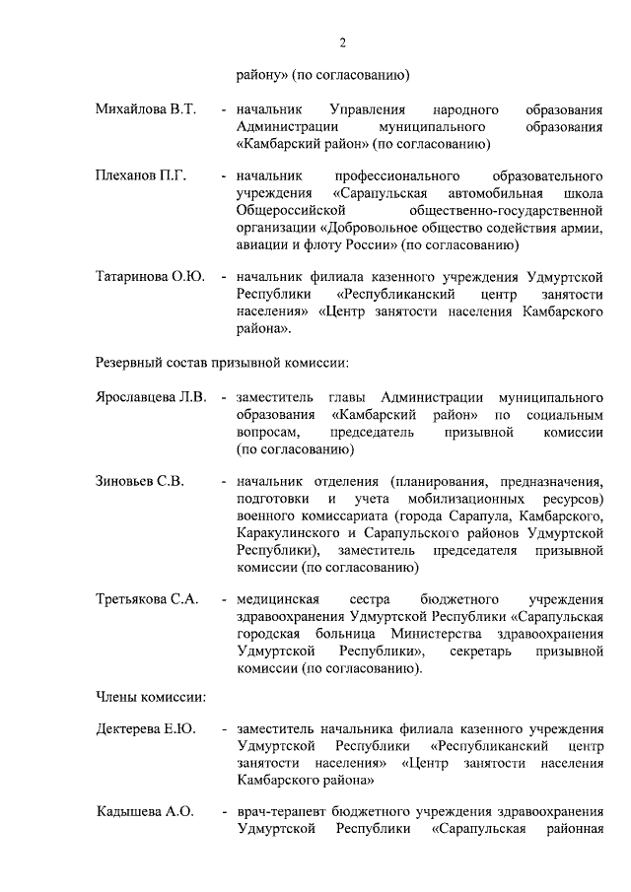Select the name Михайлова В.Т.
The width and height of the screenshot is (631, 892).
pos(145,108)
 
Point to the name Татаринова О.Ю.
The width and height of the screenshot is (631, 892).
pos(150,276)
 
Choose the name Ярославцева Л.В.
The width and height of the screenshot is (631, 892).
pos(151,396)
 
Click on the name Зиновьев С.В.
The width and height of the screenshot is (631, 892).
pos(140,481)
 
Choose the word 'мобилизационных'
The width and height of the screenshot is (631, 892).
pos(443,500)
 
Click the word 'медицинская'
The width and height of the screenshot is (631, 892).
pos(277,599)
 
